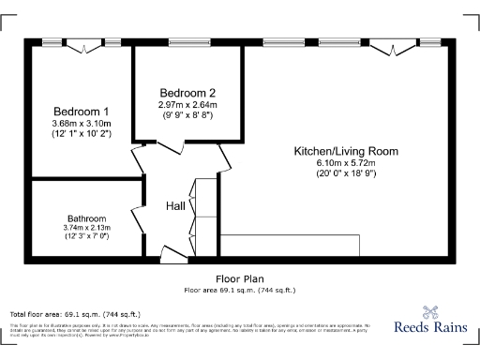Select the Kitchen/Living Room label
tap(346, 151)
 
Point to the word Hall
tap(175, 206)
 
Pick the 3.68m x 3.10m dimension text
tap(81, 124)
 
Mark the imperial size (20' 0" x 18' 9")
tap(346, 173)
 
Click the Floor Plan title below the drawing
tap(239, 278)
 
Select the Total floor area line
tap(75, 313)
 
